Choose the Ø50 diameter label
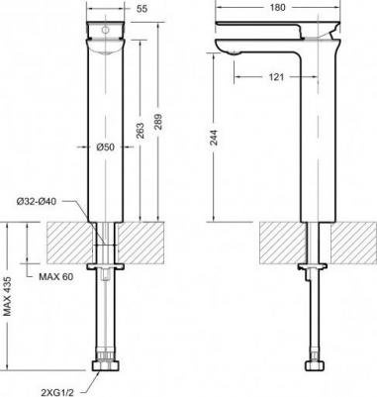pos(111,148)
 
